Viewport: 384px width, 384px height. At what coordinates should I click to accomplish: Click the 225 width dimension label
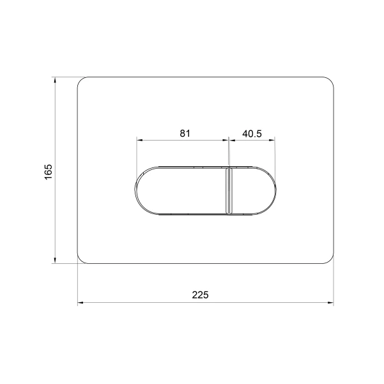pyautogui.click(x=200, y=295)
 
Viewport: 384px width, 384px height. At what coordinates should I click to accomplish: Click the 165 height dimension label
pyautogui.click(x=49, y=172)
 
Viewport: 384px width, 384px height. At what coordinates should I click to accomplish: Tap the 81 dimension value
pyautogui.click(x=185, y=134)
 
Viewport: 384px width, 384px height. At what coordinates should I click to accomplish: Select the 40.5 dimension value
pyautogui.click(x=252, y=134)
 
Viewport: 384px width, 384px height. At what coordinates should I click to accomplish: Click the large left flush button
pyautogui.click(x=181, y=190)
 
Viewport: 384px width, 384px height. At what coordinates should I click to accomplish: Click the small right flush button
pyautogui.click(x=252, y=190)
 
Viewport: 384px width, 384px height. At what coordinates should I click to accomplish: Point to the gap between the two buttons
pyautogui.click(x=229, y=190)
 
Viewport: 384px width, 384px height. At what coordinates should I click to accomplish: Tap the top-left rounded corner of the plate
pyautogui.click(x=81, y=80)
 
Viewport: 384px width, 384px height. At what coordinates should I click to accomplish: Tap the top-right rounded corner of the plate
pyautogui.click(x=330, y=80)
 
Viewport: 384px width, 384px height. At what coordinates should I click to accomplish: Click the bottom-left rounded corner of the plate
pyautogui.click(x=81, y=261)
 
